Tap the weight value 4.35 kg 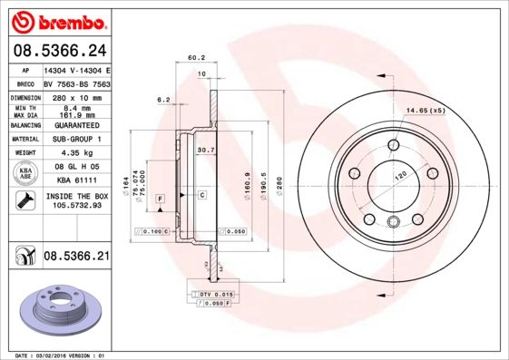[x=74, y=153]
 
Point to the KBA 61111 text [x=74, y=180]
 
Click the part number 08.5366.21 [x=76, y=258]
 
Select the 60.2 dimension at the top [x=195, y=57]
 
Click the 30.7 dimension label [x=205, y=150]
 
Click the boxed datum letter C [x=201, y=195]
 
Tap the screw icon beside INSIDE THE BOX [x=26, y=200]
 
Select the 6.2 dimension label [x=164, y=99]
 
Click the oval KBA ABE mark [x=26, y=172]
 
